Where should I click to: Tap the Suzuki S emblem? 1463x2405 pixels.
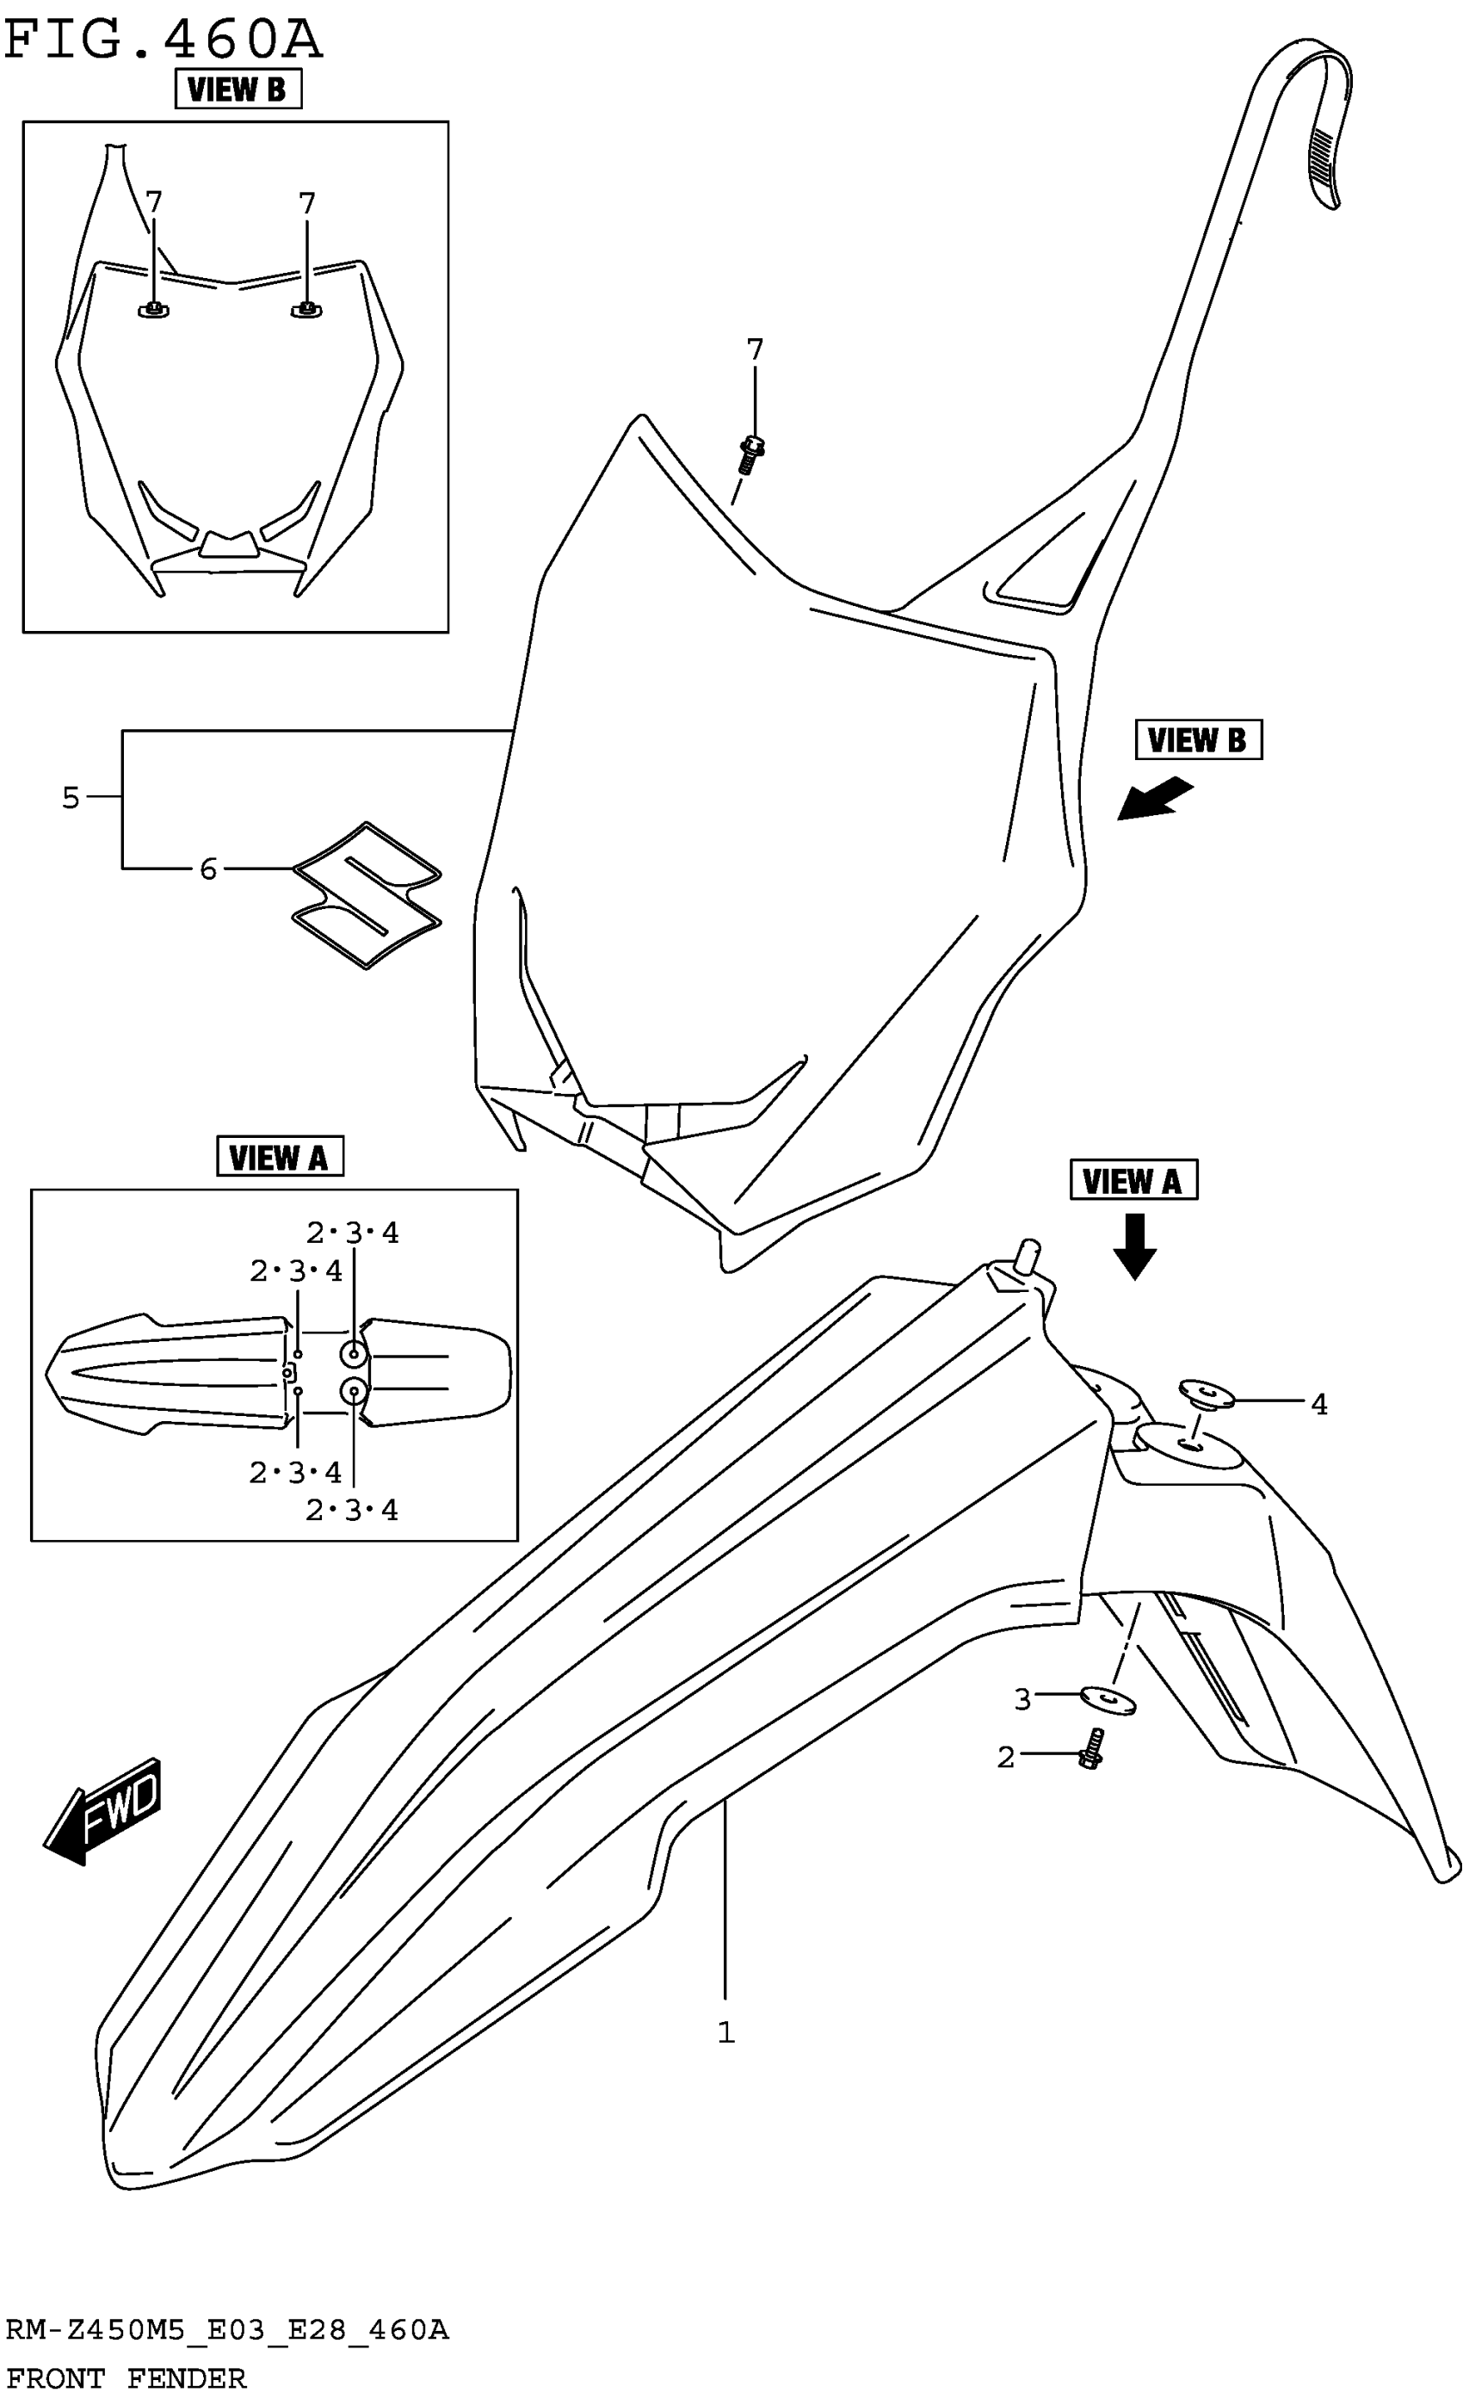[x=367, y=894]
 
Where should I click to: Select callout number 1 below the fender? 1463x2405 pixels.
[x=725, y=2032]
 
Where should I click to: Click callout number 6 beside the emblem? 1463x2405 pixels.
[x=208, y=869]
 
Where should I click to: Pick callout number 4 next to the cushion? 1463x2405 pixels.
[x=1318, y=1405]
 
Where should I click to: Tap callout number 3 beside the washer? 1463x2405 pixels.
[x=1022, y=1699]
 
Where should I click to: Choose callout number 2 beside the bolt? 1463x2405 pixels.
[x=1006, y=1757]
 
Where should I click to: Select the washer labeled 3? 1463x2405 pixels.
[x=1108, y=1699]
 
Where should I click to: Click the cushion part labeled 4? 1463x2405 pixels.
[x=1207, y=1393]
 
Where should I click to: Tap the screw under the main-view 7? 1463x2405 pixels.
[x=750, y=454]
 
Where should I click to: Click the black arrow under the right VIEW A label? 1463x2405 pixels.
[x=1134, y=1246]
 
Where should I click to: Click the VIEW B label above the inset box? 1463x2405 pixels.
[x=238, y=90]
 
